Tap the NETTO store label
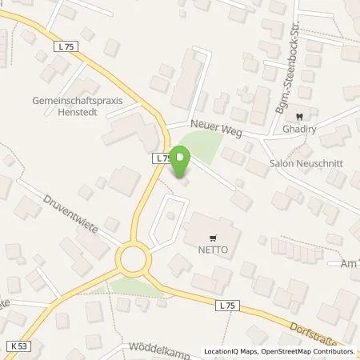click(x=212, y=250)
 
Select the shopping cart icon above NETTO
click(x=212, y=238)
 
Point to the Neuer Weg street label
click(x=216, y=126)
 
